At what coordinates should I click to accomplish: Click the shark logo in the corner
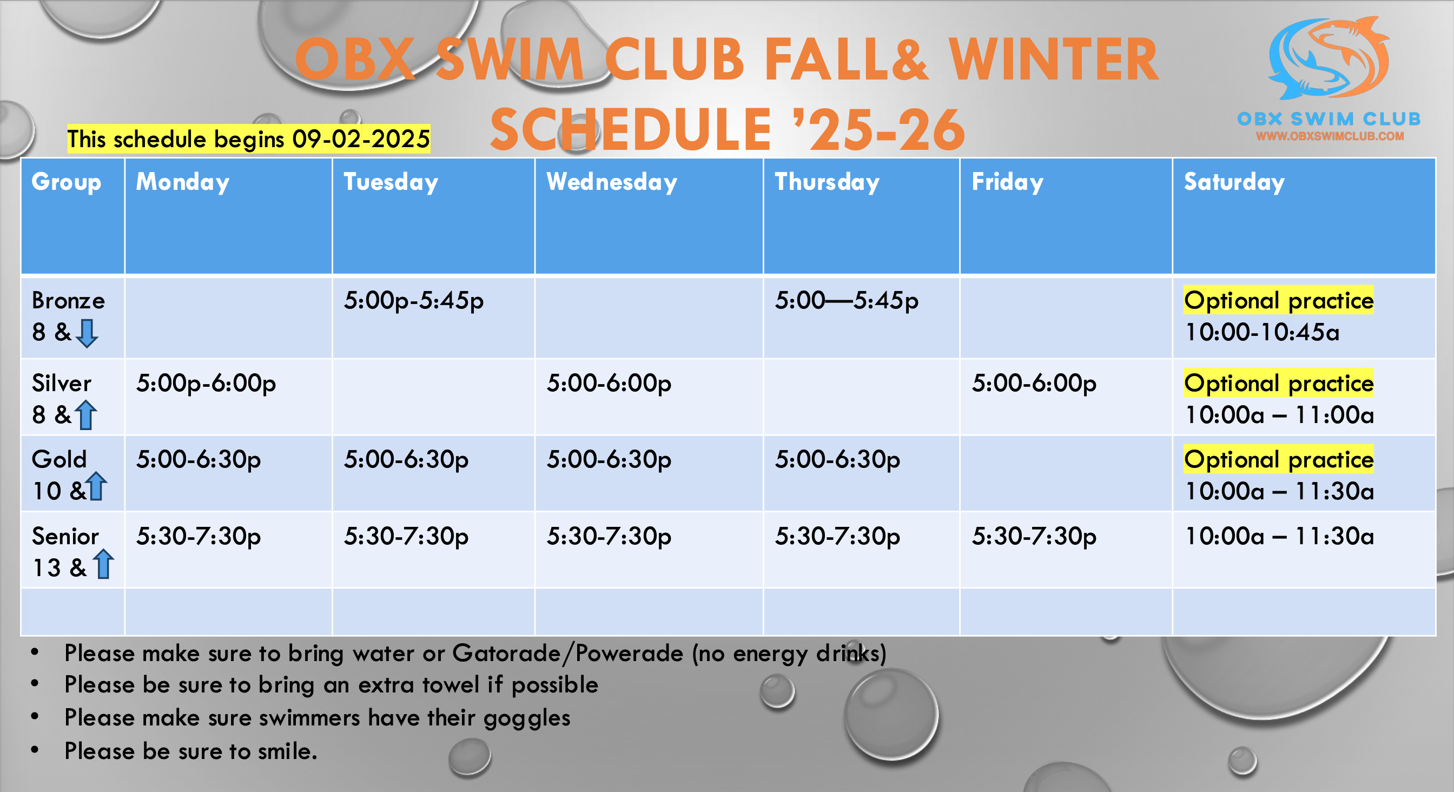point(1329,59)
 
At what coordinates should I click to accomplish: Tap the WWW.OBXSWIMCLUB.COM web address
point(1329,136)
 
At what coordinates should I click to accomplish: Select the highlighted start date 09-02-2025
point(361,139)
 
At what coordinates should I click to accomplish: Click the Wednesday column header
point(611,182)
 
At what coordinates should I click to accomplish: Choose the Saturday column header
point(1234,182)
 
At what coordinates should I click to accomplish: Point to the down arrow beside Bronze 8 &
point(87,333)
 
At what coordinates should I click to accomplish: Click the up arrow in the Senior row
point(103,563)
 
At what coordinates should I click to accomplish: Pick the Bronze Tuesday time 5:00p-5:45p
point(414,301)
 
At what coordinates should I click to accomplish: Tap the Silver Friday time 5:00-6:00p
point(1034,384)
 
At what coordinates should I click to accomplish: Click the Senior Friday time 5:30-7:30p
point(1034,536)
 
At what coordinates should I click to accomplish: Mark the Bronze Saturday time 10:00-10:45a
point(1262,333)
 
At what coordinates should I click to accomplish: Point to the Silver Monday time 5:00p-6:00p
point(206,384)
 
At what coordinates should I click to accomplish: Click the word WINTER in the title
point(1053,60)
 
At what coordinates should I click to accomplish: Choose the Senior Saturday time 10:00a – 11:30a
point(1280,536)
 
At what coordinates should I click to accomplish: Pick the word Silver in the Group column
point(61,384)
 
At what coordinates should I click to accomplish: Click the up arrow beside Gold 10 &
point(96,486)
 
